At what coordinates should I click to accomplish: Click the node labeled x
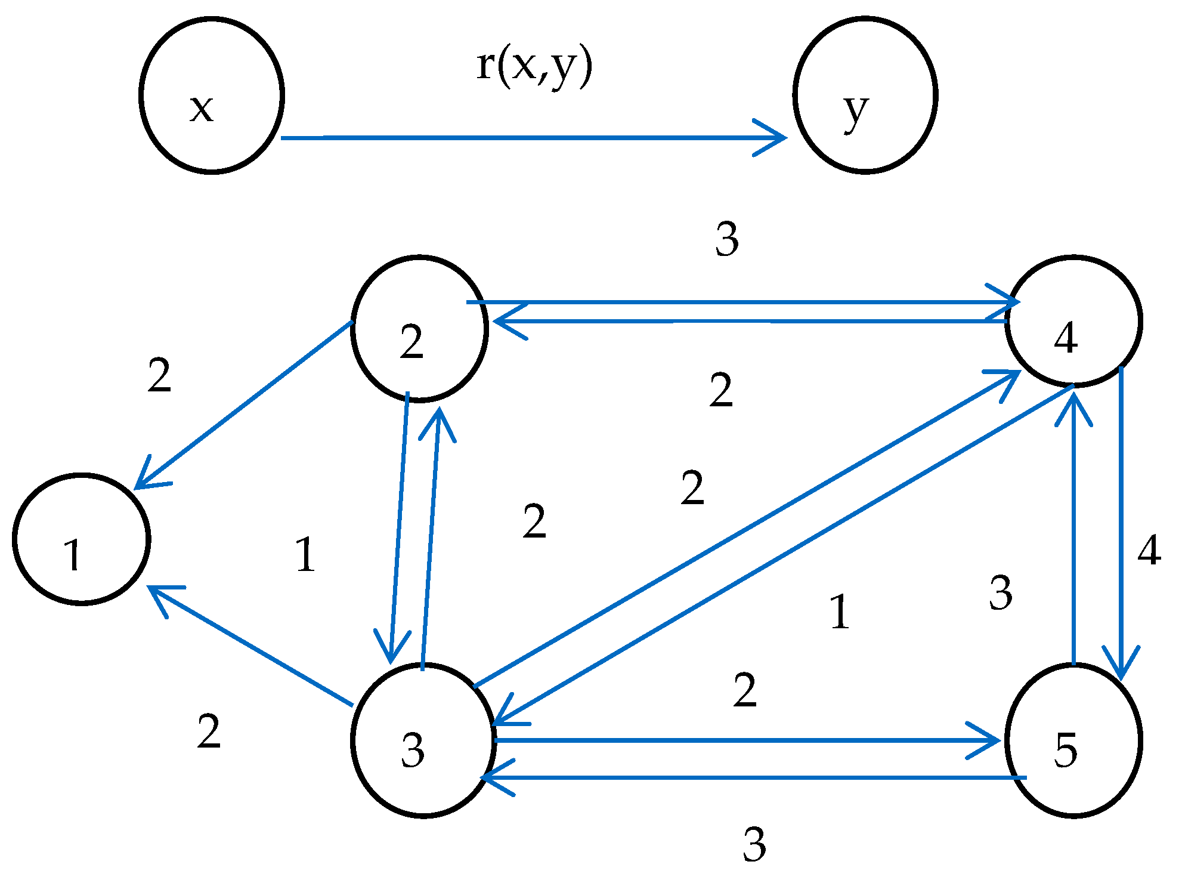pyautogui.click(x=211, y=95)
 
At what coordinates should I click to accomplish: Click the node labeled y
pyautogui.click(x=865, y=95)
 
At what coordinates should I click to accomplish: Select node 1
pyautogui.click(x=81, y=539)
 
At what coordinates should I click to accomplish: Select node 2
pyautogui.click(x=419, y=328)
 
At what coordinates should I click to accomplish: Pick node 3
pyautogui.click(x=423, y=740)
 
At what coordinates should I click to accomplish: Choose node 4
pyautogui.click(x=1073, y=322)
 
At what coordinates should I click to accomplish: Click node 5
pyautogui.click(x=1073, y=740)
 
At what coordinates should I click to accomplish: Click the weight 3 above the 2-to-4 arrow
pyautogui.click(x=727, y=239)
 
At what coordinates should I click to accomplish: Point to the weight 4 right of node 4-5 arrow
pyautogui.click(x=1149, y=550)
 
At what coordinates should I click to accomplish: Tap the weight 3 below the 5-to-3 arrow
pyautogui.click(x=754, y=845)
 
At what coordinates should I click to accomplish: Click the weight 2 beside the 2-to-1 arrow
pyautogui.click(x=159, y=376)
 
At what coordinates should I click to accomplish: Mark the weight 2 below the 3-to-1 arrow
pyautogui.click(x=209, y=731)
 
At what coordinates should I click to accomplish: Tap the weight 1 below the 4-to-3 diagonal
pyautogui.click(x=840, y=612)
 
